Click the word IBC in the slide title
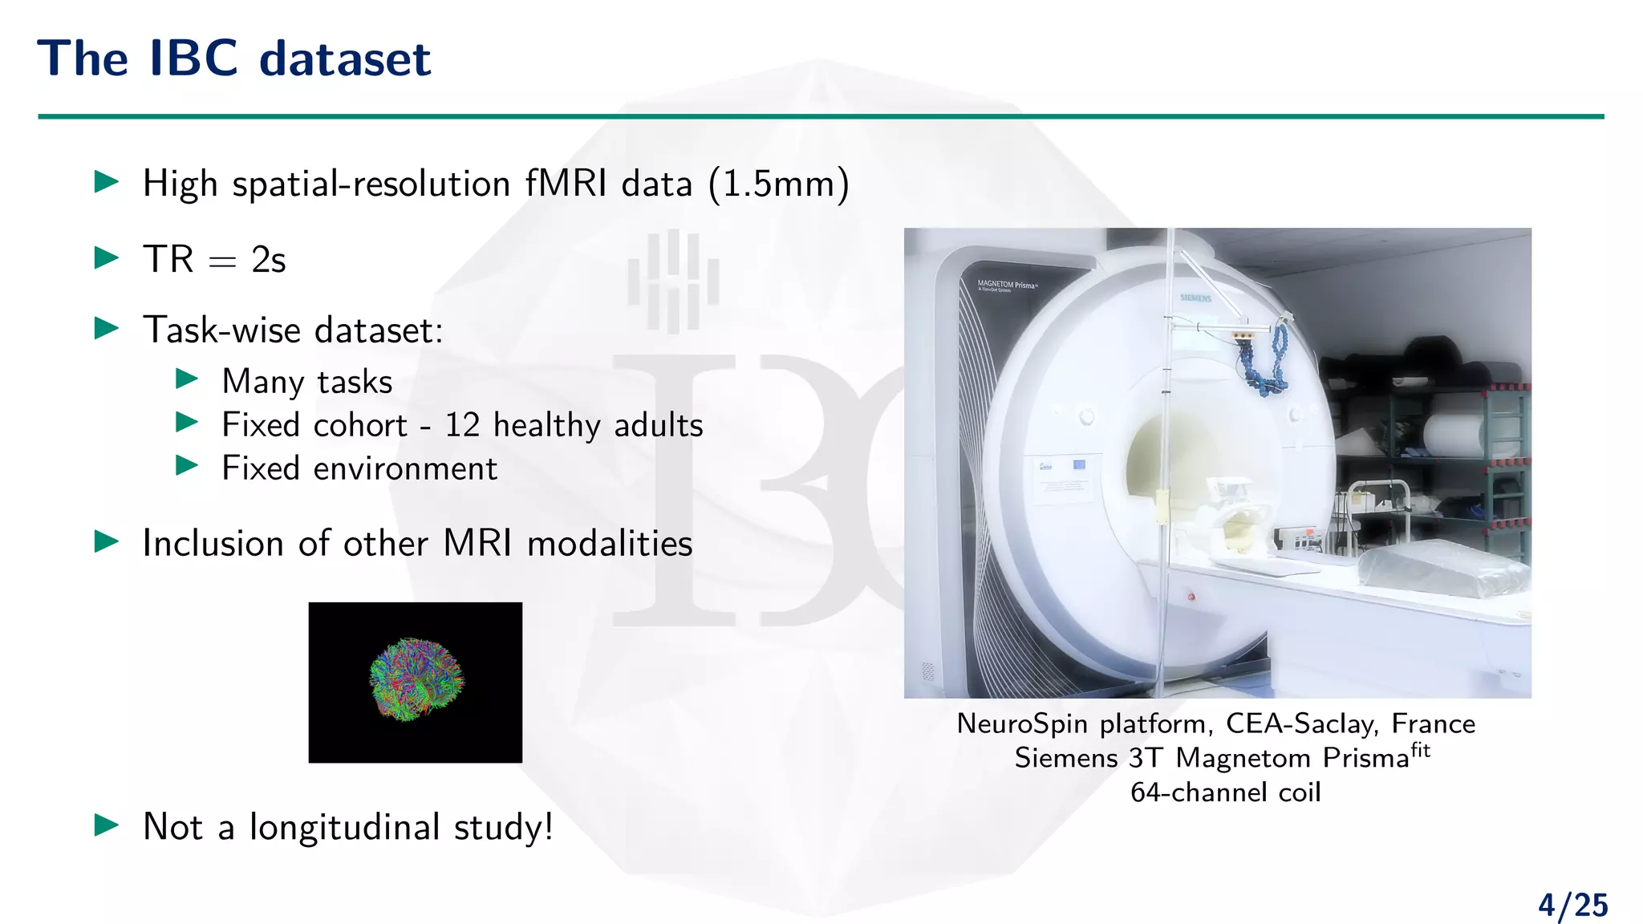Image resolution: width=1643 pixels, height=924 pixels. point(193,59)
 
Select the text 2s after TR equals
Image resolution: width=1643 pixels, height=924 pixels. point(268,260)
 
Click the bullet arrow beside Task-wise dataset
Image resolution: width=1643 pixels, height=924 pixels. point(107,328)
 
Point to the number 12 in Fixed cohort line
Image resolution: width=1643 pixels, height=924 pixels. point(462,425)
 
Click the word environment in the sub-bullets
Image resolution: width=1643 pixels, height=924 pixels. point(404,468)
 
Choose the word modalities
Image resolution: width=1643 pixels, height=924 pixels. point(609,544)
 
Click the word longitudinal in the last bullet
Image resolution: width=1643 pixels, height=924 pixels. point(344,827)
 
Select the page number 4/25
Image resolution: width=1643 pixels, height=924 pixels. point(1572,906)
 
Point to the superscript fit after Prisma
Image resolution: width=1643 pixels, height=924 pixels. point(1420,750)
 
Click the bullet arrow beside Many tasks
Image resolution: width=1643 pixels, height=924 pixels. point(187,379)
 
